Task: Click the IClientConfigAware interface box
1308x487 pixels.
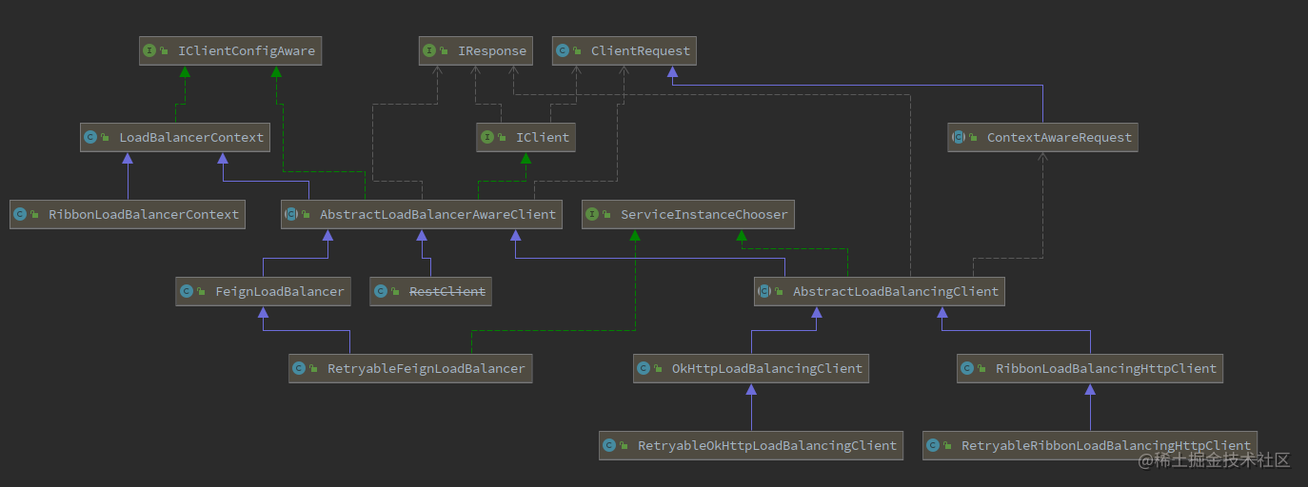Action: [x=230, y=50]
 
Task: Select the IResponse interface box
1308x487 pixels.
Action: [x=475, y=50]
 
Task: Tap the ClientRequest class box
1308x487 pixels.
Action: [x=624, y=50]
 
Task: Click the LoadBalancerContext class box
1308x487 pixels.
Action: [x=175, y=137]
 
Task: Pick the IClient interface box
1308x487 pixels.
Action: [x=526, y=137]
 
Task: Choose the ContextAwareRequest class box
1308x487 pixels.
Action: [x=1043, y=137]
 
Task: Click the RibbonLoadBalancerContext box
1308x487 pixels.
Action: [x=128, y=214]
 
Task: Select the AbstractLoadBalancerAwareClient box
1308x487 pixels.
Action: [x=422, y=214]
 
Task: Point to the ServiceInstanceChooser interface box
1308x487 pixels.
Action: [x=688, y=214]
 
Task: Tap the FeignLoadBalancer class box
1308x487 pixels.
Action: [x=263, y=291]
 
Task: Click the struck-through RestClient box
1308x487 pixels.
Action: [x=430, y=291]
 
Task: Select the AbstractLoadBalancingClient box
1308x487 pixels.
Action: [x=880, y=291]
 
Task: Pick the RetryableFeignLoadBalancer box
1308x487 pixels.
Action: [x=410, y=368]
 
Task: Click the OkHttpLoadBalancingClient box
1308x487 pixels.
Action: [x=751, y=368]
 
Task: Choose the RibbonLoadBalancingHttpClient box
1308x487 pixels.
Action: [x=1090, y=368]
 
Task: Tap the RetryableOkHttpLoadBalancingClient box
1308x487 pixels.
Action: [x=751, y=445]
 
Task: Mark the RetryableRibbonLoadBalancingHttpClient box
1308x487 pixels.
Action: [x=1090, y=445]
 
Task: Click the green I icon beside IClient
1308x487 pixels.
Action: [x=487, y=137]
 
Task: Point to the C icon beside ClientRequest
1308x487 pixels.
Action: [x=563, y=50]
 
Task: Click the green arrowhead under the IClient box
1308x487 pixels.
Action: [x=525, y=159]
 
